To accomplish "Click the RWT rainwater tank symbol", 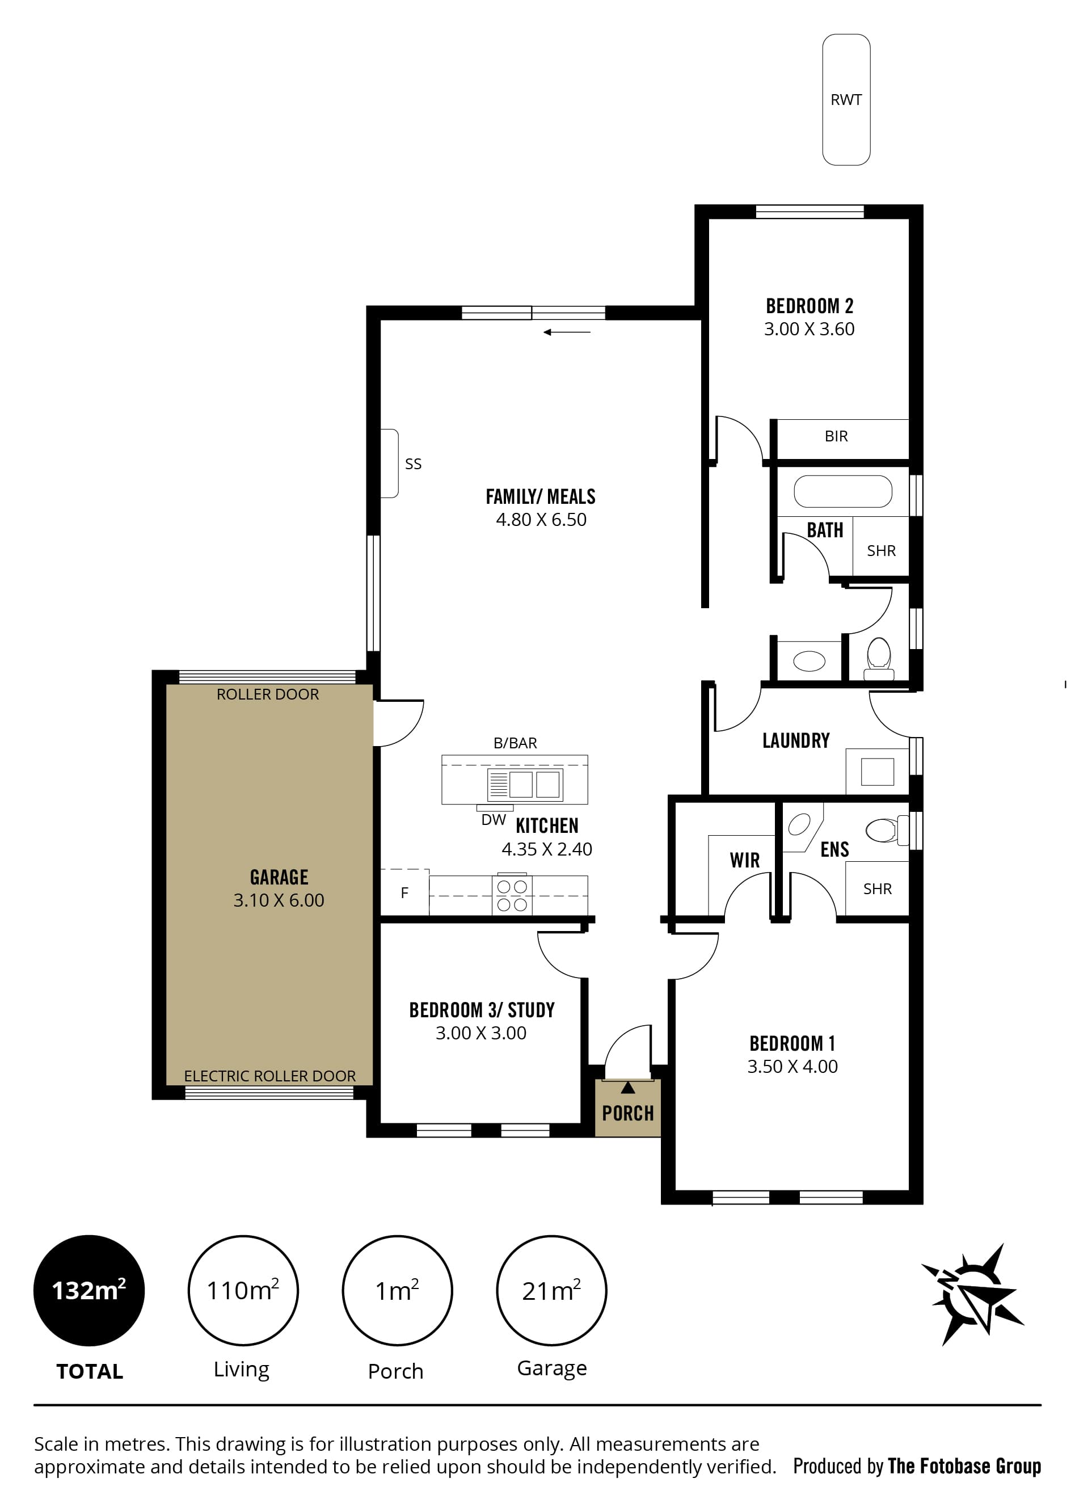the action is pos(846,99).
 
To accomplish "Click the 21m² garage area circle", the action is pos(551,1290).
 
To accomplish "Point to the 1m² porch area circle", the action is pos(397,1290).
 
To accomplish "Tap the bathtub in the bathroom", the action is pos(842,491).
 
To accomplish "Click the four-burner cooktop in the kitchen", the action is pos(512,895).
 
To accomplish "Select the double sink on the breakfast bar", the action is pos(525,785).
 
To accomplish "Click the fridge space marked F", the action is pos(404,892).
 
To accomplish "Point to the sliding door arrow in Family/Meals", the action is pos(567,332).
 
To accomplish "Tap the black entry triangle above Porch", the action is pos(627,1087).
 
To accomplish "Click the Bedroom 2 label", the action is pos(810,306).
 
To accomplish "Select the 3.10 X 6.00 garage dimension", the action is pos(279,900).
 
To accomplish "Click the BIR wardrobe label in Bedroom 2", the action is pos(836,436).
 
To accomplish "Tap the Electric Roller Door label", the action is pos(269,1076).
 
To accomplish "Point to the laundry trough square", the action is pos(877,771).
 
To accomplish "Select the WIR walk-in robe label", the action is pos(745,860).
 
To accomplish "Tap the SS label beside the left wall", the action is pos(413,464).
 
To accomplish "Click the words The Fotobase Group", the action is pos(964,1466).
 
